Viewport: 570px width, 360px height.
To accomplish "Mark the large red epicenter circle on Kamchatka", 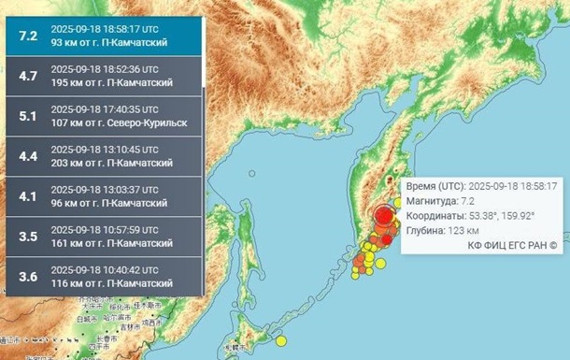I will [x=384, y=216].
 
